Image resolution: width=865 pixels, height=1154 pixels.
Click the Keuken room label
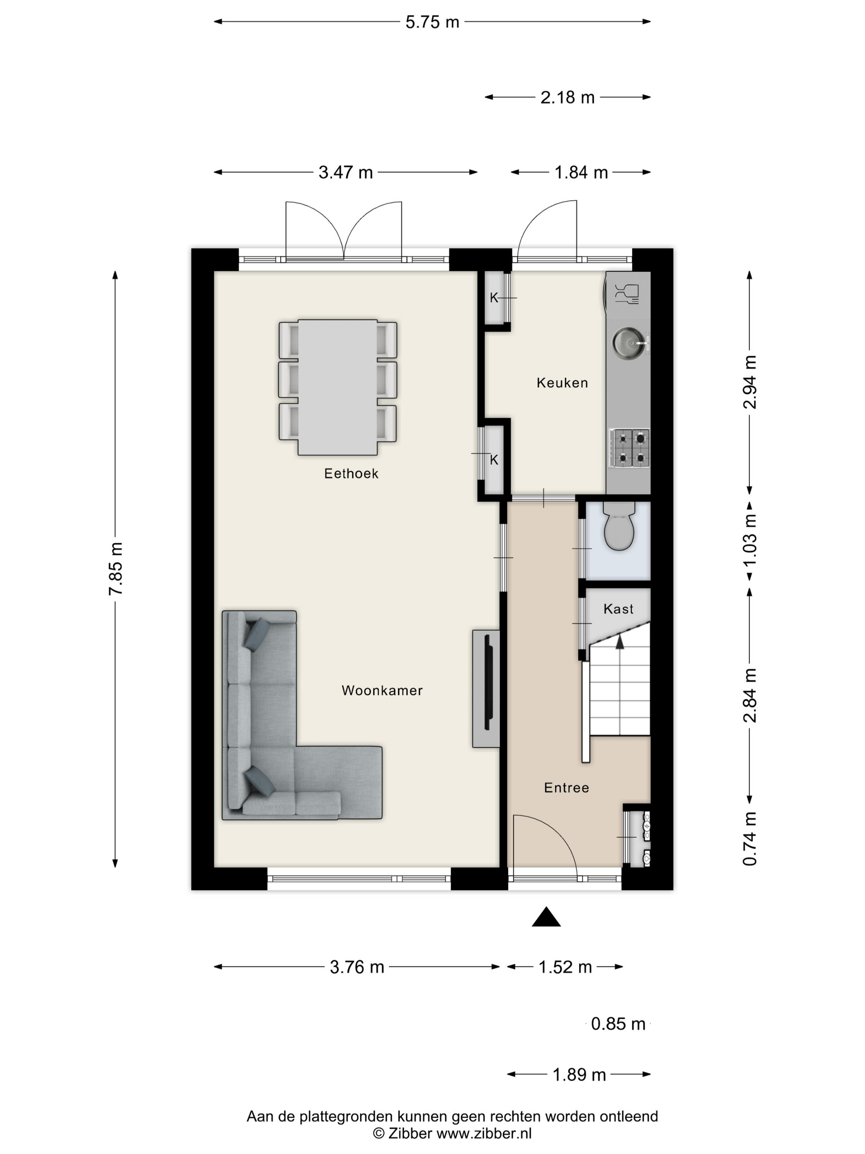click(562, 383)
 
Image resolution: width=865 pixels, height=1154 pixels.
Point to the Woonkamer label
click(382, 690)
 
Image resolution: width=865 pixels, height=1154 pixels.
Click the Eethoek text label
click(351, 473)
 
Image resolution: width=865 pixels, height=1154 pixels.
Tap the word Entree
click(566, 787)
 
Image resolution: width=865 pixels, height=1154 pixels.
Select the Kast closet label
click(618, 608)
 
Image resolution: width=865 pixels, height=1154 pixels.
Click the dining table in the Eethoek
click(338, 387)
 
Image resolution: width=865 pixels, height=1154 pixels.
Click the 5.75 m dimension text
click(432, 22)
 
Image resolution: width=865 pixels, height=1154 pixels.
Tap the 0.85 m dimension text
click(618, 1024)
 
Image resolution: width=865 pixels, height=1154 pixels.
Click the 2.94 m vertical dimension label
click(750, 382)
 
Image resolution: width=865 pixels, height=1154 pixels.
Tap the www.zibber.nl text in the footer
click(484, 1133)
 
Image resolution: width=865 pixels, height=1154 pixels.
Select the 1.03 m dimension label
click(750, 540)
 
